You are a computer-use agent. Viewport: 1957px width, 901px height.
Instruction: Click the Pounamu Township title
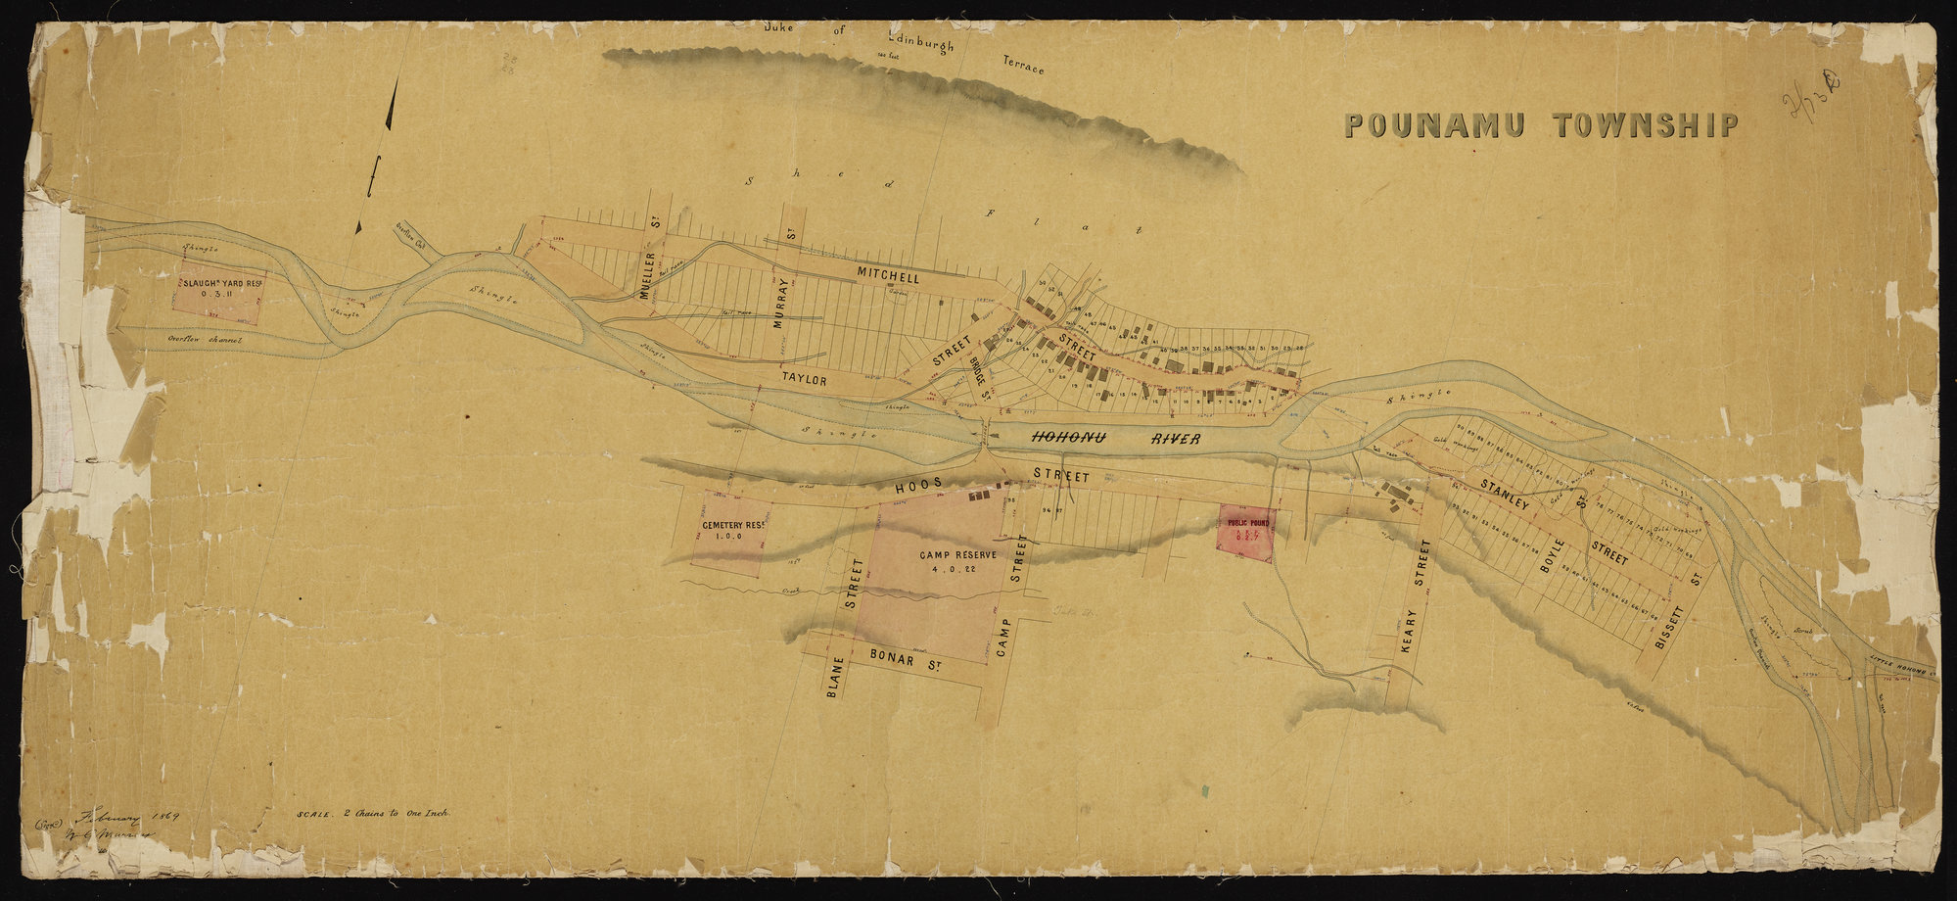pyautogui.click(x=1541, y=125)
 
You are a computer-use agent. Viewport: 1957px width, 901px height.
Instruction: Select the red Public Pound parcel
pyautogui.click(x=1245, y=534)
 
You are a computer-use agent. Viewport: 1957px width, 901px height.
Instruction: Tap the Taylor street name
pyautogui.click(x=805, y=379)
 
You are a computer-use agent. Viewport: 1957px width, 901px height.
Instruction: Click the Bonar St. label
pyautogui.click(x=900, y=662)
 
